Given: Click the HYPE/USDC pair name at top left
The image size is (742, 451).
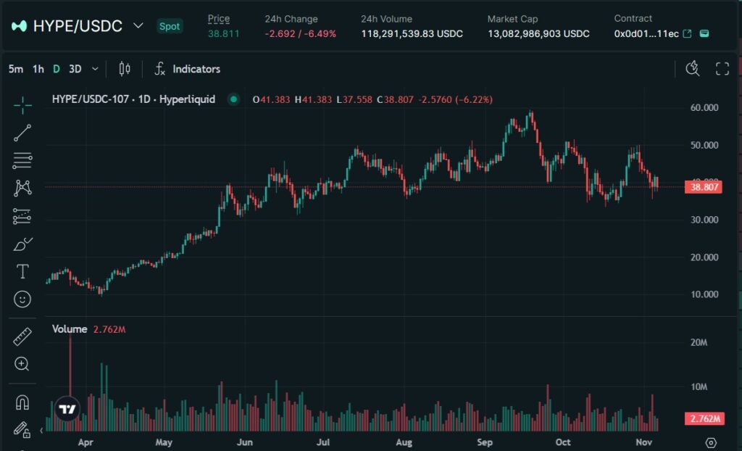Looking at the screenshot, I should pos(78,26).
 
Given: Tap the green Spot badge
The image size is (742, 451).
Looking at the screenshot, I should pos(170,26).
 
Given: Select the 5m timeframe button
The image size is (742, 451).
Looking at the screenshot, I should pos(15,69).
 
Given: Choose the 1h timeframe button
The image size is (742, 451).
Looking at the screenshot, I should pos(38,69).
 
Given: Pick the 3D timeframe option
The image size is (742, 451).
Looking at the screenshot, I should pos(75,69).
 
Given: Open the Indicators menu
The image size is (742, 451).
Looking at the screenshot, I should pos(188,69).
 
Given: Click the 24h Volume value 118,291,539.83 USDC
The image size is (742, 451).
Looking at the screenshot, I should pos(412,33).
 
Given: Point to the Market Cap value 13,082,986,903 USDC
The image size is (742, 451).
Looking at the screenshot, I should pos(538,33).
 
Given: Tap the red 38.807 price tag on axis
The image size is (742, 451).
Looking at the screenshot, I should pos(704,187).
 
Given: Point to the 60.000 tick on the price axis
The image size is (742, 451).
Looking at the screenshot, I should pos(704,107).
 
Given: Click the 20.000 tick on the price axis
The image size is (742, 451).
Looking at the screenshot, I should pos(704,257).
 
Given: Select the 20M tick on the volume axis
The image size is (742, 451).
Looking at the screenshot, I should pos(699,342).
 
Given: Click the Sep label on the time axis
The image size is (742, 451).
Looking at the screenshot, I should pos(484,442).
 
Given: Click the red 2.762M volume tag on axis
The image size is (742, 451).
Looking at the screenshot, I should pos(704,419).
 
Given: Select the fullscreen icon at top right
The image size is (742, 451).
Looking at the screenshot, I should pos(722,69).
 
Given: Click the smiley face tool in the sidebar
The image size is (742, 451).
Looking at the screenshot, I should pos(22,299).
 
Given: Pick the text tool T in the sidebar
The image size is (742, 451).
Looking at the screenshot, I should pos(22,271).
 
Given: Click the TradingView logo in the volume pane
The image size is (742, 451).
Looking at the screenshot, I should pos(67,409).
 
